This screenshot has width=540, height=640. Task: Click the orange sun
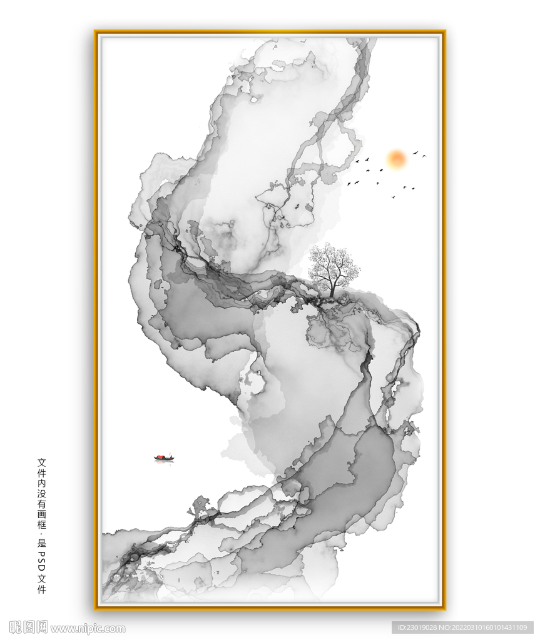pyautogui.click(x=396, y=159)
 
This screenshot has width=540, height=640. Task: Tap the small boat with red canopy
pyautogui.click(x=164, y=458)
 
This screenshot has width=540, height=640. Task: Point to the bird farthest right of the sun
pyautogui.click(x=424, y=156)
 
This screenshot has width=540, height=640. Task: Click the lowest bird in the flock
pyautogui.click(x=393, y=197)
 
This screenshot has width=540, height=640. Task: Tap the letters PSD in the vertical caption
pyautogui.click(x=42, y=557)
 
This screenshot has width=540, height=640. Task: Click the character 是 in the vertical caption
pyautogui.click(x=42, y=541)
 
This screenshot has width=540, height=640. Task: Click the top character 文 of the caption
pyautogui.click(x=42, y=462)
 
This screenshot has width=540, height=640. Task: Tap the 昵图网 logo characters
pyautogui.click(x=29, y=627)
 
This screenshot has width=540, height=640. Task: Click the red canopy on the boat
pyautogui.click(x=163, y=457)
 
